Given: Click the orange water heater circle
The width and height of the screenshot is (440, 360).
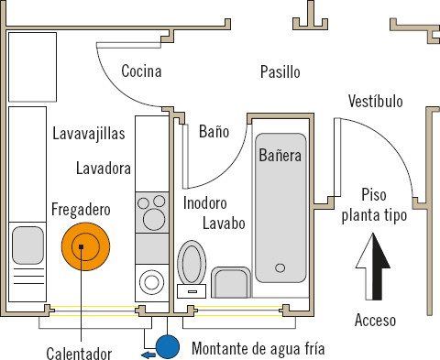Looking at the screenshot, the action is point(85,246).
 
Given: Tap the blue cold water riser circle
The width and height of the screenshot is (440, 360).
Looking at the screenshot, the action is point(168,347).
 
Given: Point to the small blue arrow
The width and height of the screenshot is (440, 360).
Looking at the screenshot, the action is point(148,355).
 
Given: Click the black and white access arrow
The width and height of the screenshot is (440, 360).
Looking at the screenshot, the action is point(373,267).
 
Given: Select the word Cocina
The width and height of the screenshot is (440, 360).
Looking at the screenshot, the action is point(141,71).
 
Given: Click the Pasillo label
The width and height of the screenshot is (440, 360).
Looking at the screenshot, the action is point(280,72).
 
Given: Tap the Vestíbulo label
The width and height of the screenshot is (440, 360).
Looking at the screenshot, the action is point(376,101).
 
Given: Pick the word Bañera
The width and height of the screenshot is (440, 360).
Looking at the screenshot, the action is point(280,155).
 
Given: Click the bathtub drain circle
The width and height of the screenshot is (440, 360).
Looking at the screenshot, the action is point(280,268).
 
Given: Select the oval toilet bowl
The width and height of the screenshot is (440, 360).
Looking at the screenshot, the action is point(192,262).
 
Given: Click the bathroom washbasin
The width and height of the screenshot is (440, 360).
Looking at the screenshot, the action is point(231,282).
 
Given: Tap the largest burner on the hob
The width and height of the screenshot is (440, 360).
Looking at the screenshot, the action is point(154,219).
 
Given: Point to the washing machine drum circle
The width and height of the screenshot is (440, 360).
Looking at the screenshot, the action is point(151,282).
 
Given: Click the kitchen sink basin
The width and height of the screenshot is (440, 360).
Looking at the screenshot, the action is point(27,245).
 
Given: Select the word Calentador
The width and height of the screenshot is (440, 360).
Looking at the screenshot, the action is point(79,354).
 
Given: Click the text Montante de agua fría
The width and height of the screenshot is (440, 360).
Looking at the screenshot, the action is point(258,349).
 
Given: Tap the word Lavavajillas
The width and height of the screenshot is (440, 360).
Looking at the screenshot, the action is point(89,134).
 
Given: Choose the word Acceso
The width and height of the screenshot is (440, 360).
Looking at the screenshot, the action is point(375,321).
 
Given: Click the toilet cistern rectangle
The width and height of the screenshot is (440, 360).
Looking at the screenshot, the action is point(192,291).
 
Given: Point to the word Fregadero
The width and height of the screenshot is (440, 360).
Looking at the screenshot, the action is point(81,210).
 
